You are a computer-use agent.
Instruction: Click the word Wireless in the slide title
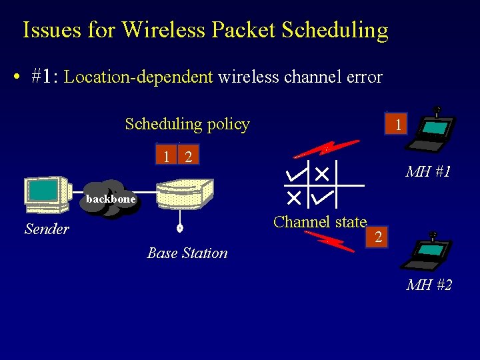[x=163, y=30]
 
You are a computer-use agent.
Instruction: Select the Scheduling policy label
[x=187, y=124]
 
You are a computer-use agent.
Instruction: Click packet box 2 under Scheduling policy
[x=189, y=157]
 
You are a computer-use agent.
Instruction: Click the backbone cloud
[x=111, y=199]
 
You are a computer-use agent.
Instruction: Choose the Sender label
[x=47, y=229]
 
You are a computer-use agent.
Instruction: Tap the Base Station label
[x=187, y=253]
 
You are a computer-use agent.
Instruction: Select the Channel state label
[x=320, y=222]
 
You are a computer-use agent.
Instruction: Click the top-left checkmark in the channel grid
[x=295, y=175]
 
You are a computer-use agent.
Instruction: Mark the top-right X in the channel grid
[x=323, y=174]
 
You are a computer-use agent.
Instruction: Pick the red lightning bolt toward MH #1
[x=327, y=148]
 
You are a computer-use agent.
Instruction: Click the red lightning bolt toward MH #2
[x=329, y=240]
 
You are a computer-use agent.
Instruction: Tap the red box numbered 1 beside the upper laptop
[x=397, y=125]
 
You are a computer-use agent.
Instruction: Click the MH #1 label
[x=429, y=172]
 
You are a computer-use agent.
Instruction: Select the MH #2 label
[x=429, y=285]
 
